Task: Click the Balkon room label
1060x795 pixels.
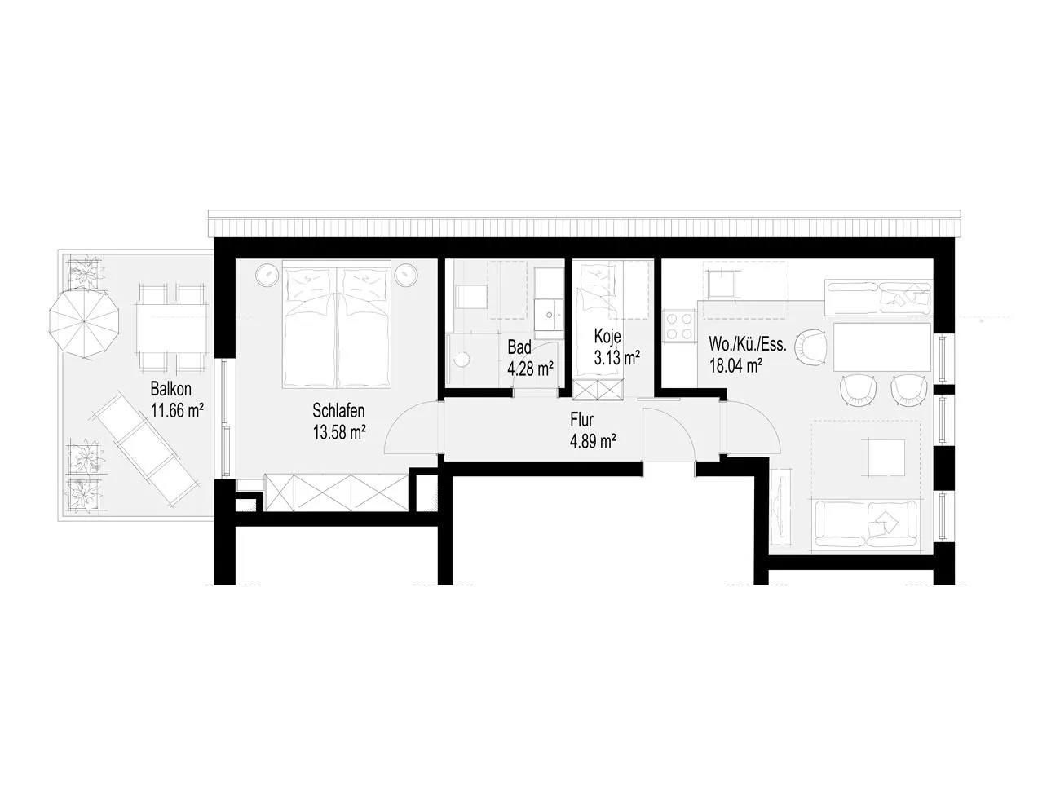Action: tap(170, 389)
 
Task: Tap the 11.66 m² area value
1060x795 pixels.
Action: tap(177, 411)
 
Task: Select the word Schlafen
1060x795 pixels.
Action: tap(338, 410)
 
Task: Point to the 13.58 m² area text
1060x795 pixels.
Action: tap(338, 432)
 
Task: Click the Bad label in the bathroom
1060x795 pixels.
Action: tap(519, 347)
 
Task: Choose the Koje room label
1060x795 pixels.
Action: tap(607, 336)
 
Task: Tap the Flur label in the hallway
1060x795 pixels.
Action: tap(581, 420)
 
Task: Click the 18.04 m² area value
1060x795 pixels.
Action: tap(735, 365)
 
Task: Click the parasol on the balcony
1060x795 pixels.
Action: tap(84, 321)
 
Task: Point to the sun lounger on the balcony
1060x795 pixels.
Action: tap(144, 447)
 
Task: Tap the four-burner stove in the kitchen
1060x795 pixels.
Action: tap(680, 326)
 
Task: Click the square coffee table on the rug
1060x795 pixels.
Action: tap(886, 457)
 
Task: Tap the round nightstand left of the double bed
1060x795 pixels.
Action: tap(267, 275)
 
